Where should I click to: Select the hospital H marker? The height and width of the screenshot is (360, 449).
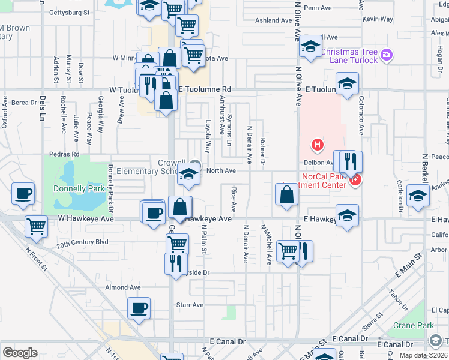317,145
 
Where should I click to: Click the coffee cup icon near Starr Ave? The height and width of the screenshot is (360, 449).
139,309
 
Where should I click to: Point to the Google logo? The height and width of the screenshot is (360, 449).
20,352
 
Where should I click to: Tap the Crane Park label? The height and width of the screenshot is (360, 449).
413,325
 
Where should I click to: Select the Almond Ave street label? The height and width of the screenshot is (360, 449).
122,288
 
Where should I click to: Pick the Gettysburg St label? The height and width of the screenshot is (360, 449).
69,12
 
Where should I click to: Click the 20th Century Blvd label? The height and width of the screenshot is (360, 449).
82,242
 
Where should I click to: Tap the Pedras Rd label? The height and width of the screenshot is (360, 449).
67,154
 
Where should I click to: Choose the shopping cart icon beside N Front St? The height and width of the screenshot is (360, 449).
37,227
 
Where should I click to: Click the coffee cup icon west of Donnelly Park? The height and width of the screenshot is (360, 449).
23,194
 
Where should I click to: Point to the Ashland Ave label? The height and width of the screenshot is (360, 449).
273,20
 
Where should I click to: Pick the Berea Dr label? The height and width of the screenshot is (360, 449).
25,103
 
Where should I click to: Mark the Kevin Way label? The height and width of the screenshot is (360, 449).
378,20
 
